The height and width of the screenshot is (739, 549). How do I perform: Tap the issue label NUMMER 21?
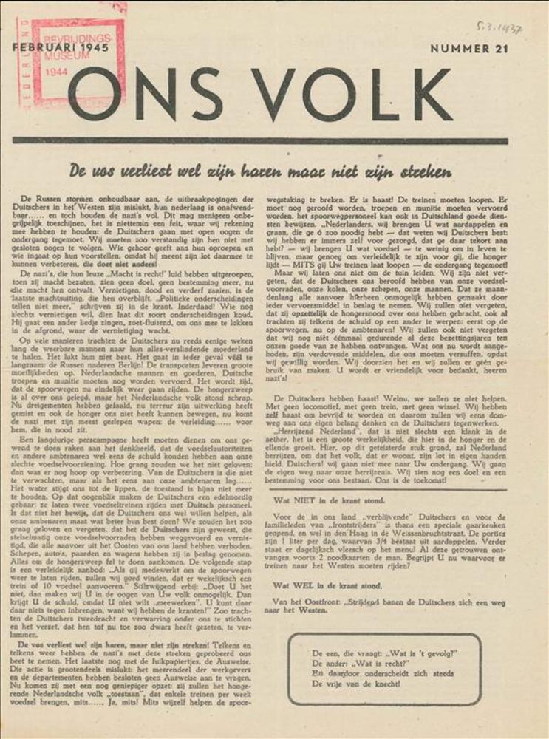click(469, 49)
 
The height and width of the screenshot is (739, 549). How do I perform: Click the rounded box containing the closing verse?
click(383, 669)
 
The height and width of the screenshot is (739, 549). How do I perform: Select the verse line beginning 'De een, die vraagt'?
click(384, 653)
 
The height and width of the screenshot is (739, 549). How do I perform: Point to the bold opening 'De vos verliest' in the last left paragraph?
click(55, 644)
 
